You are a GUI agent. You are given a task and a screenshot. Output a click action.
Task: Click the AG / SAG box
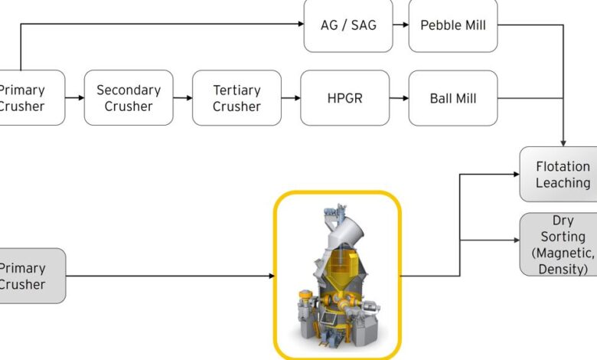point(348,25)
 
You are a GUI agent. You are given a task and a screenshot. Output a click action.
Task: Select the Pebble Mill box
point(452,25)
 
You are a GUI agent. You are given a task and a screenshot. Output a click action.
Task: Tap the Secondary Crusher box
point(129,98)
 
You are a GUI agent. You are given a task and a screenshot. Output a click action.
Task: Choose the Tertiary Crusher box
point(237,98)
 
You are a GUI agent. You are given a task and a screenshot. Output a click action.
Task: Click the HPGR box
point(344,98)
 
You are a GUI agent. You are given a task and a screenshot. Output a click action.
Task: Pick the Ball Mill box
point(452,98)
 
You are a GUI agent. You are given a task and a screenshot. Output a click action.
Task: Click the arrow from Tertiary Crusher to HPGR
point(291,98)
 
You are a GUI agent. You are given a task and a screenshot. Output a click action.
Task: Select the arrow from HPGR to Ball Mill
point(399,98)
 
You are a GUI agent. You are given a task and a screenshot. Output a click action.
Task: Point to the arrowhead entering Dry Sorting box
point(515,241)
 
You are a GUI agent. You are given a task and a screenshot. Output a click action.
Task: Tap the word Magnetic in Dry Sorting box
point(566,253)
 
